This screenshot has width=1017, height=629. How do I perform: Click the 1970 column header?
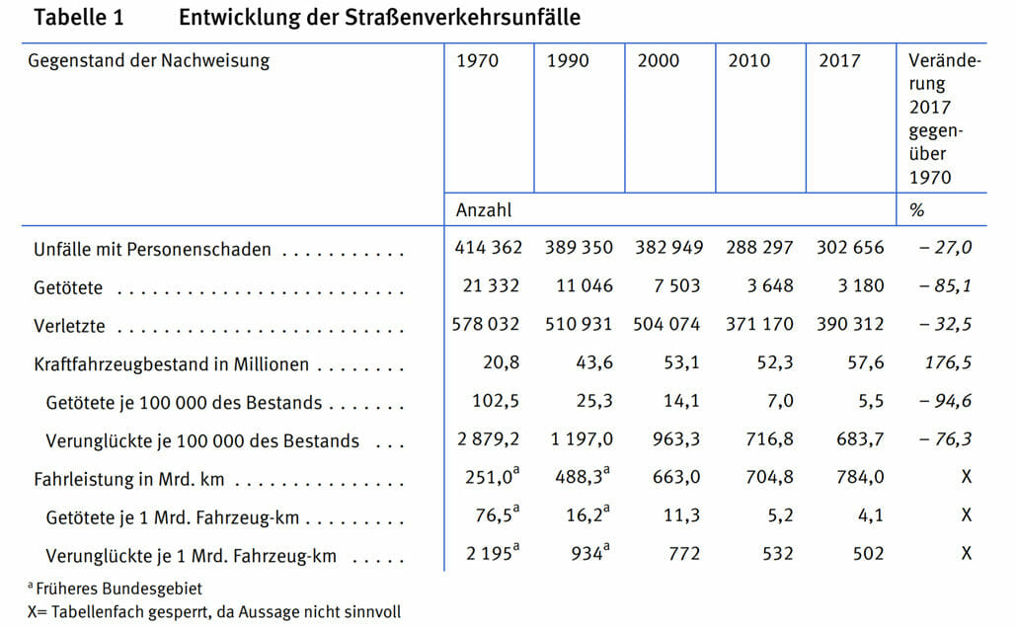477,60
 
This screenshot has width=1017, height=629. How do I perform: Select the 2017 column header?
839,60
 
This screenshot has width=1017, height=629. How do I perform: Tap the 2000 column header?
659,60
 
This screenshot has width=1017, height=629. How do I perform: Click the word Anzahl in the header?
484,210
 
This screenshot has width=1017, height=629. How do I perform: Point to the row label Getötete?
68,287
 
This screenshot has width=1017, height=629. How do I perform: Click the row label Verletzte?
69,326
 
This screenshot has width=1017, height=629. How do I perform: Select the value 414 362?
489,247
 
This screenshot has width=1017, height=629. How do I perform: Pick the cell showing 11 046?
585,285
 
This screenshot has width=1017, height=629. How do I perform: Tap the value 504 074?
666,324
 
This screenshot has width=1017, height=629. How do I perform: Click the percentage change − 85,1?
946,285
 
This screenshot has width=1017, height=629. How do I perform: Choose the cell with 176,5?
948,361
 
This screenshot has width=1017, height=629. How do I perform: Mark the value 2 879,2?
488,439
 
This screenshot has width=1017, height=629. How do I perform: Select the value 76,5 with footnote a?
498,514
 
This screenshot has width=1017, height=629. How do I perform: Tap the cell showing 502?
868,553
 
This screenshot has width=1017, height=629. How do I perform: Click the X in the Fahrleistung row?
967,477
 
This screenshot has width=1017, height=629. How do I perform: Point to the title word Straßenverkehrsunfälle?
462,18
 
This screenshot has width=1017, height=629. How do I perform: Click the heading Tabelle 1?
78,18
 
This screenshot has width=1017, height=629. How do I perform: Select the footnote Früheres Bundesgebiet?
119,589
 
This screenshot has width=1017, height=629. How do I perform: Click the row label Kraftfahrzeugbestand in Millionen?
171,364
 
